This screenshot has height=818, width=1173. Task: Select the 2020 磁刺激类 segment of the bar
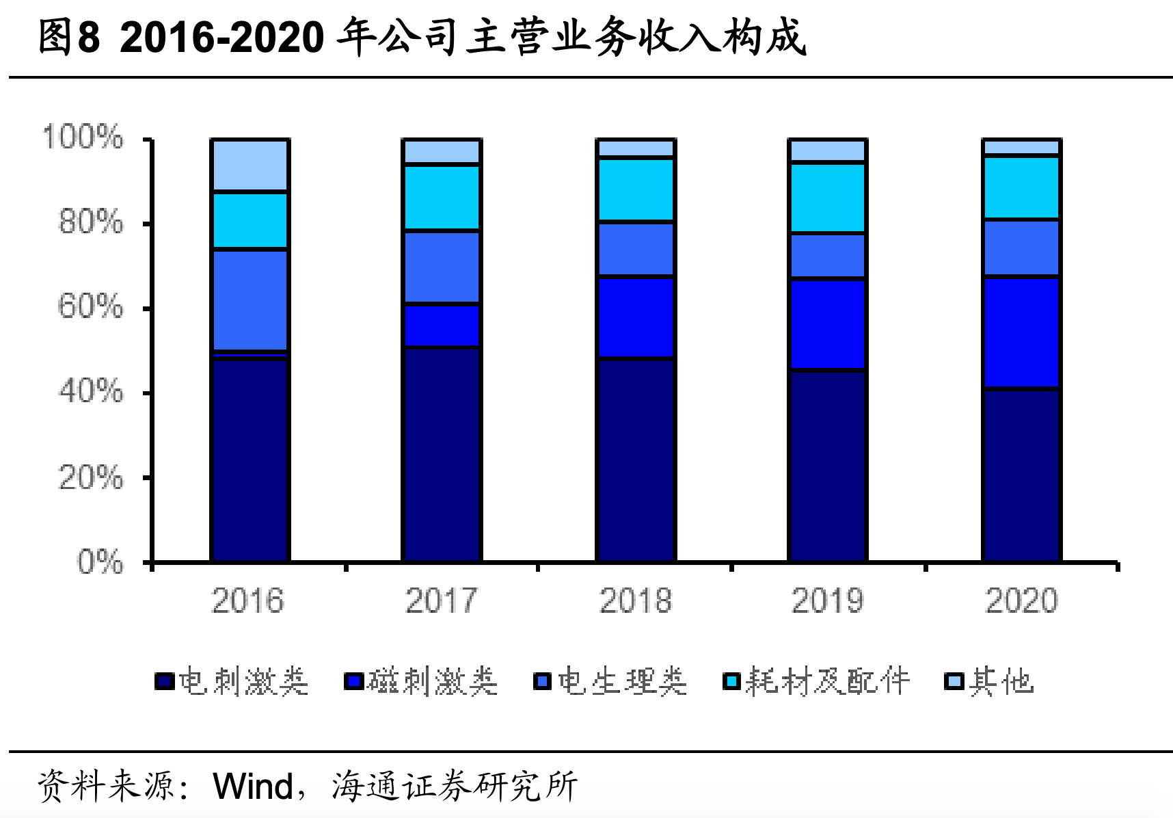[x=1021, y=332]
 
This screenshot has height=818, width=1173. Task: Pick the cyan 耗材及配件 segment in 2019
[x=827, y=198]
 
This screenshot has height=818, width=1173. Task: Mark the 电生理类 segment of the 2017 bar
[x=442, y=267]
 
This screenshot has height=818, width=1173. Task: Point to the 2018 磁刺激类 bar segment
[x=635, y=317]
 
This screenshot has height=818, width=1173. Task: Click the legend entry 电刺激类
[x=232, y=681]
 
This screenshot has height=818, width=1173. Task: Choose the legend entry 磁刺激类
[x=422, y=681]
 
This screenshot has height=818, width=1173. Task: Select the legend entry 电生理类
[x=610, y=681]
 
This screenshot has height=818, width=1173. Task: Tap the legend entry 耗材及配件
[x=817, y=681]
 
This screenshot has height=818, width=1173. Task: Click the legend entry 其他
[x=989, y=681]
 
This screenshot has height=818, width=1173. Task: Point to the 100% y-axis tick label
[x=83, y=137]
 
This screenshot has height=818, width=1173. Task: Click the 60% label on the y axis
[x=91, y=307]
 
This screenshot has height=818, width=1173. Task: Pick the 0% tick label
[x=100, y=562]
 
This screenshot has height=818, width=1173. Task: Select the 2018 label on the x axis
[x=635, y=601]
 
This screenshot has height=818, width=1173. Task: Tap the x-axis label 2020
[x=1021, y=601]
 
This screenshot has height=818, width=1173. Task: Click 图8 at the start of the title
[x=69, y=37]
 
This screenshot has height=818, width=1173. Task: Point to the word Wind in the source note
[x=254, y=786]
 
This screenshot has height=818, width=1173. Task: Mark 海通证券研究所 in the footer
[x=455, y=786]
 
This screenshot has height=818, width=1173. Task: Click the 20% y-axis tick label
[x=91, y=477]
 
